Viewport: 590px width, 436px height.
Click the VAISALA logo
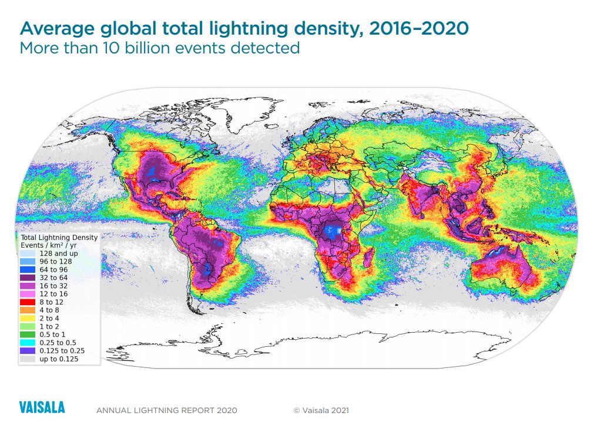tap(42, 408)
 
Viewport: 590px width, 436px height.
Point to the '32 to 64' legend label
tap(52, 278)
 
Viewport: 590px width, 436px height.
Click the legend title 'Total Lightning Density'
tap(59, 238)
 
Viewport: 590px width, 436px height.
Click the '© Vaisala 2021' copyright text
tap(321, 410)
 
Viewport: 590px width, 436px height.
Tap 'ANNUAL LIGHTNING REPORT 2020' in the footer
tap(166, 410)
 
